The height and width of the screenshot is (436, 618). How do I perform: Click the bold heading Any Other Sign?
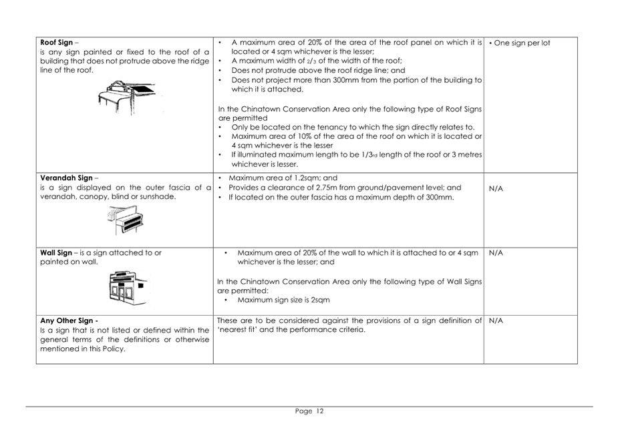click(x=69, y=320)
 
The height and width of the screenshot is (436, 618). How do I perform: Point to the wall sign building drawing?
click(x=126, y=286)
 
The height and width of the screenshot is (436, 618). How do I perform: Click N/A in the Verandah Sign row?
click(x=496, y=189)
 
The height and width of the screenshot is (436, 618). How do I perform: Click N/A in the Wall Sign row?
click(x=496, y=253)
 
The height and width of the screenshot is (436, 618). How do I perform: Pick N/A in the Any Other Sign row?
click(x=496, y=320)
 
